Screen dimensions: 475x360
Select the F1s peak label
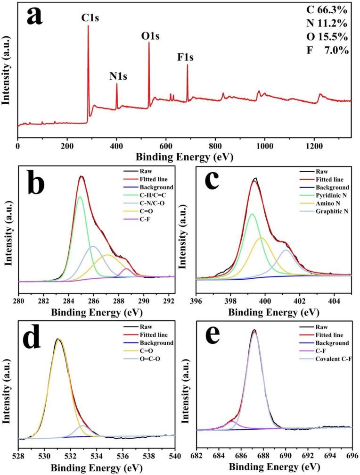click(185, 57)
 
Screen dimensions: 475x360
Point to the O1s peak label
click(151, 36)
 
